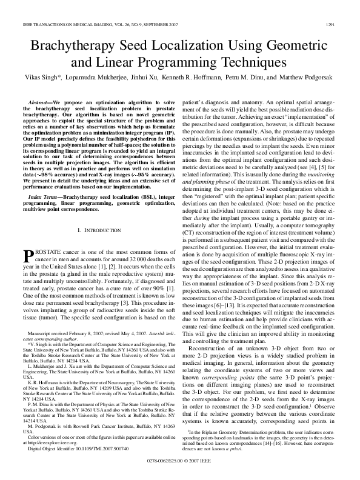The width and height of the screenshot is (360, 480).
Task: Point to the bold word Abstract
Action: [42, 104]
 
